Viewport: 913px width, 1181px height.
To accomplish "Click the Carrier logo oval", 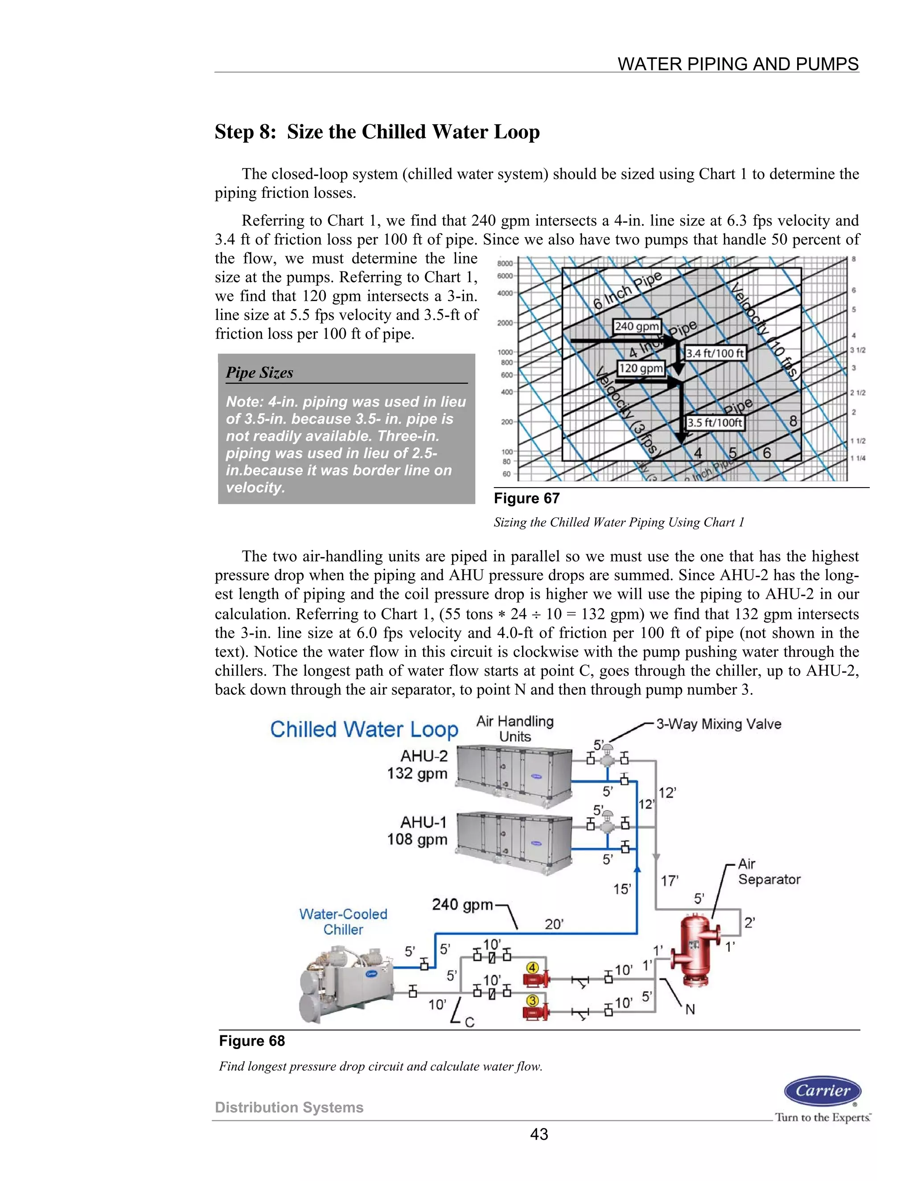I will pyautogui.click(x=823, y=1091).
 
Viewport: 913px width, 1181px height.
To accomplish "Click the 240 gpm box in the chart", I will pyautogui.click(x=637, y=326).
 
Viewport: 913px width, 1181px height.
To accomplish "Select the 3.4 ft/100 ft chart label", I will pyautogui.click(x=715, y=353).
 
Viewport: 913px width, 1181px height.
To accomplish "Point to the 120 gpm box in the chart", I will pyautogui.click(x=641, y=368).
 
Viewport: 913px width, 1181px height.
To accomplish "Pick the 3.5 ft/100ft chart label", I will pyautogui.click(x=715, y=422).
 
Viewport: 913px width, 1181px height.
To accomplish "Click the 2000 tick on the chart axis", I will pyautogui.click(x=505, y=323).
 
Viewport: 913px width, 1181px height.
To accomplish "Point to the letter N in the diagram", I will pyautogui.click(x=690, y=1009).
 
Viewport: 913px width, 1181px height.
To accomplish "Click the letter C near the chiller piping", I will pyautogui.click(x=469, y=1022).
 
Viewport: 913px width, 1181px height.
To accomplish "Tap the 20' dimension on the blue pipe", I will pyautogui.click(x=554, y=924).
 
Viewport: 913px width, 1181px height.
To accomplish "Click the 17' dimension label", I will pyautogui.click(x=670, y=881).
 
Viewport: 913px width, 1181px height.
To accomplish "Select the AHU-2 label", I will pyautogui.click(x=424, y=756).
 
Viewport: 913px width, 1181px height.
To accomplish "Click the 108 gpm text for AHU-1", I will pyautogui.click(x=417, y=840).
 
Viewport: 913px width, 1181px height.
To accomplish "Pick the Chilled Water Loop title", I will pyautogui.click(x=364, y=730).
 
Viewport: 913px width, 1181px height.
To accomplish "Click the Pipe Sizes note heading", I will pyautogui.click(x=259, y=373).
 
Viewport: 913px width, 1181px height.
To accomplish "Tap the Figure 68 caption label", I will pyautogui.click(x=251, y=1041).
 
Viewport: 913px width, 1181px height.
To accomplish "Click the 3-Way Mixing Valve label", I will pyautogui.click(x=718, y=724).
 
